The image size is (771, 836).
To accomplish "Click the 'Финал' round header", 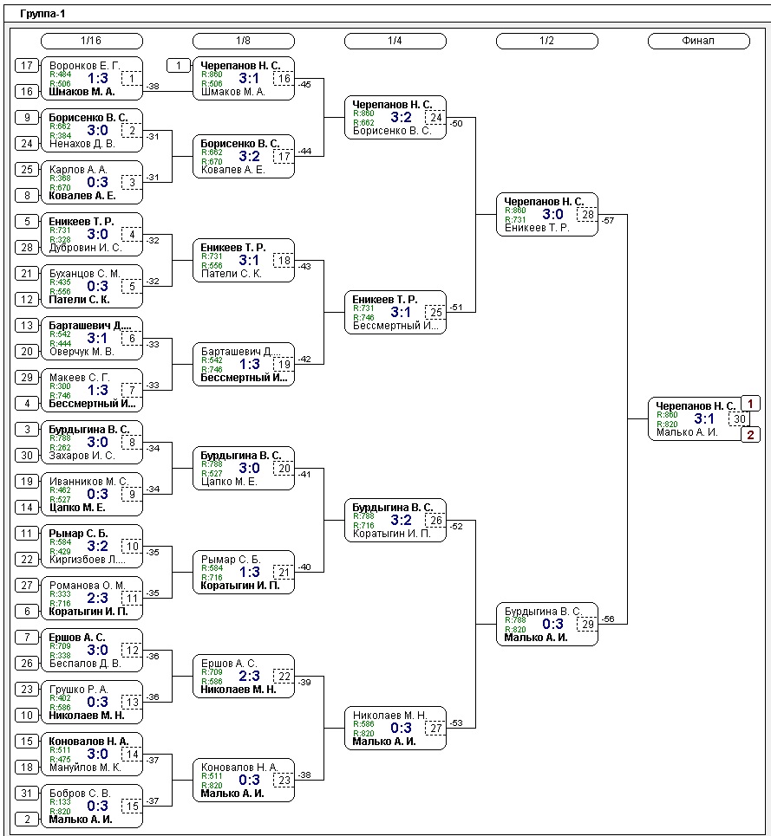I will (x=698, y=41).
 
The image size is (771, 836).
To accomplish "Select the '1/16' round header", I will (x=91, y=41).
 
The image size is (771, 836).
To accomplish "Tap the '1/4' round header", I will (x=395, y=41).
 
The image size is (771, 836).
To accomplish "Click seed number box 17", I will (x=27, y=65).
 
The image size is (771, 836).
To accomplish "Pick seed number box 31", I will (x=27, y=793).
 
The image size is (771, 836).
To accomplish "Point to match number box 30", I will (x=739, y=419).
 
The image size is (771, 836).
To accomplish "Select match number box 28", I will (x=587, y=214).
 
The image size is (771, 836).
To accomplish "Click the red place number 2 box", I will (x=750, y=435).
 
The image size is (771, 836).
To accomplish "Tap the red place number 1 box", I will (x=750, y=404).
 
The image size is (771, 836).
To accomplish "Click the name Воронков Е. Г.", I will (x=84, y=65).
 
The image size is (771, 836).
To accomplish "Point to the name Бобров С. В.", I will (x=80, y=793).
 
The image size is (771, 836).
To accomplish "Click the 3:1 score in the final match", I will (x=704, y=419).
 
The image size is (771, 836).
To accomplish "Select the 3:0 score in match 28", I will (x=552, y=214).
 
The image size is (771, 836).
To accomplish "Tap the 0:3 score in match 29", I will (x=552, y=624).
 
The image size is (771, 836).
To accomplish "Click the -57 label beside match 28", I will (x=608, y=221).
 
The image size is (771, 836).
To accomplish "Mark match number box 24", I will (x=435, y=117).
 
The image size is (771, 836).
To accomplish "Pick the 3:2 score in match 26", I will (x=401, y=520).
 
